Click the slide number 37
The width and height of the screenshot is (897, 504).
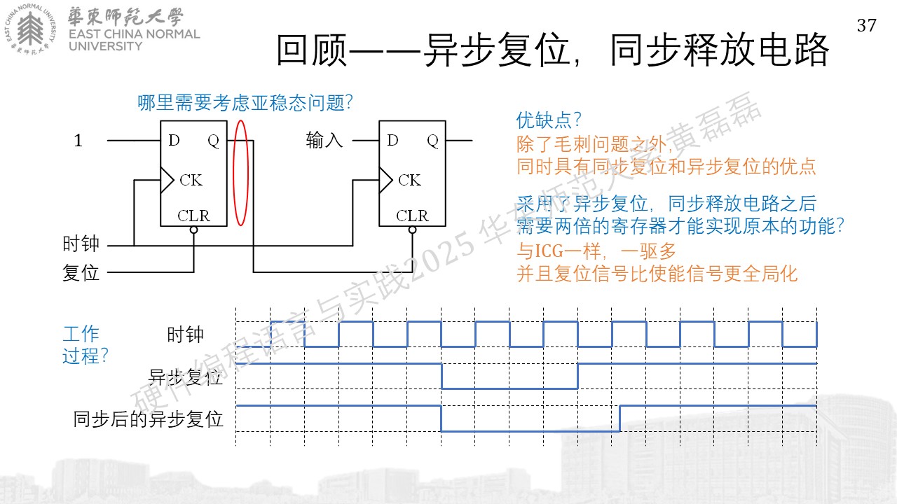(867, 26)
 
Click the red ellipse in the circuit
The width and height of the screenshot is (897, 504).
(233, 173)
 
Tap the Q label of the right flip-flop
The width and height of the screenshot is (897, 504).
(433, 141)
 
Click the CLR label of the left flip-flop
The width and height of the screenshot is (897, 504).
(193, 216)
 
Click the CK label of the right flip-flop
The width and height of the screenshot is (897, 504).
(410, 180)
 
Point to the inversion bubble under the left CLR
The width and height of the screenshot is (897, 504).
(194, 230)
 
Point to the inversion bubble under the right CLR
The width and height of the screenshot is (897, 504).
(413, 230)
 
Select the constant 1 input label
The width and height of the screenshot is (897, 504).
(78, 141)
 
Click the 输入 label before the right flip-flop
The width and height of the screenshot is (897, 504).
(324, 141)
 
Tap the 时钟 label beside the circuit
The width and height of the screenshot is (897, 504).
(81, 244)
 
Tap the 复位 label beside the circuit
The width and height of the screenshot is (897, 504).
(81, 273)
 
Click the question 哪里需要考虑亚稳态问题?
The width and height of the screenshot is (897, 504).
(245, 103)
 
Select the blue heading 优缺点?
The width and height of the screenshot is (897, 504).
(549, 120)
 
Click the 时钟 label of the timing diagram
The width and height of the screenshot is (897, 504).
(185, 335)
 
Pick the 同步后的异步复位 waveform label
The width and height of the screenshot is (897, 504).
(148, 419)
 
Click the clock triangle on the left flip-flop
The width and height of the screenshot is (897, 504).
(167, 180)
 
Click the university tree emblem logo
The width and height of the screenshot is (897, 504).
(30, 29)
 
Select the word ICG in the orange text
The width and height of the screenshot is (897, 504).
(549, 251)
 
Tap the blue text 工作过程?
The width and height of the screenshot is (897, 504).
(85, 345)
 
